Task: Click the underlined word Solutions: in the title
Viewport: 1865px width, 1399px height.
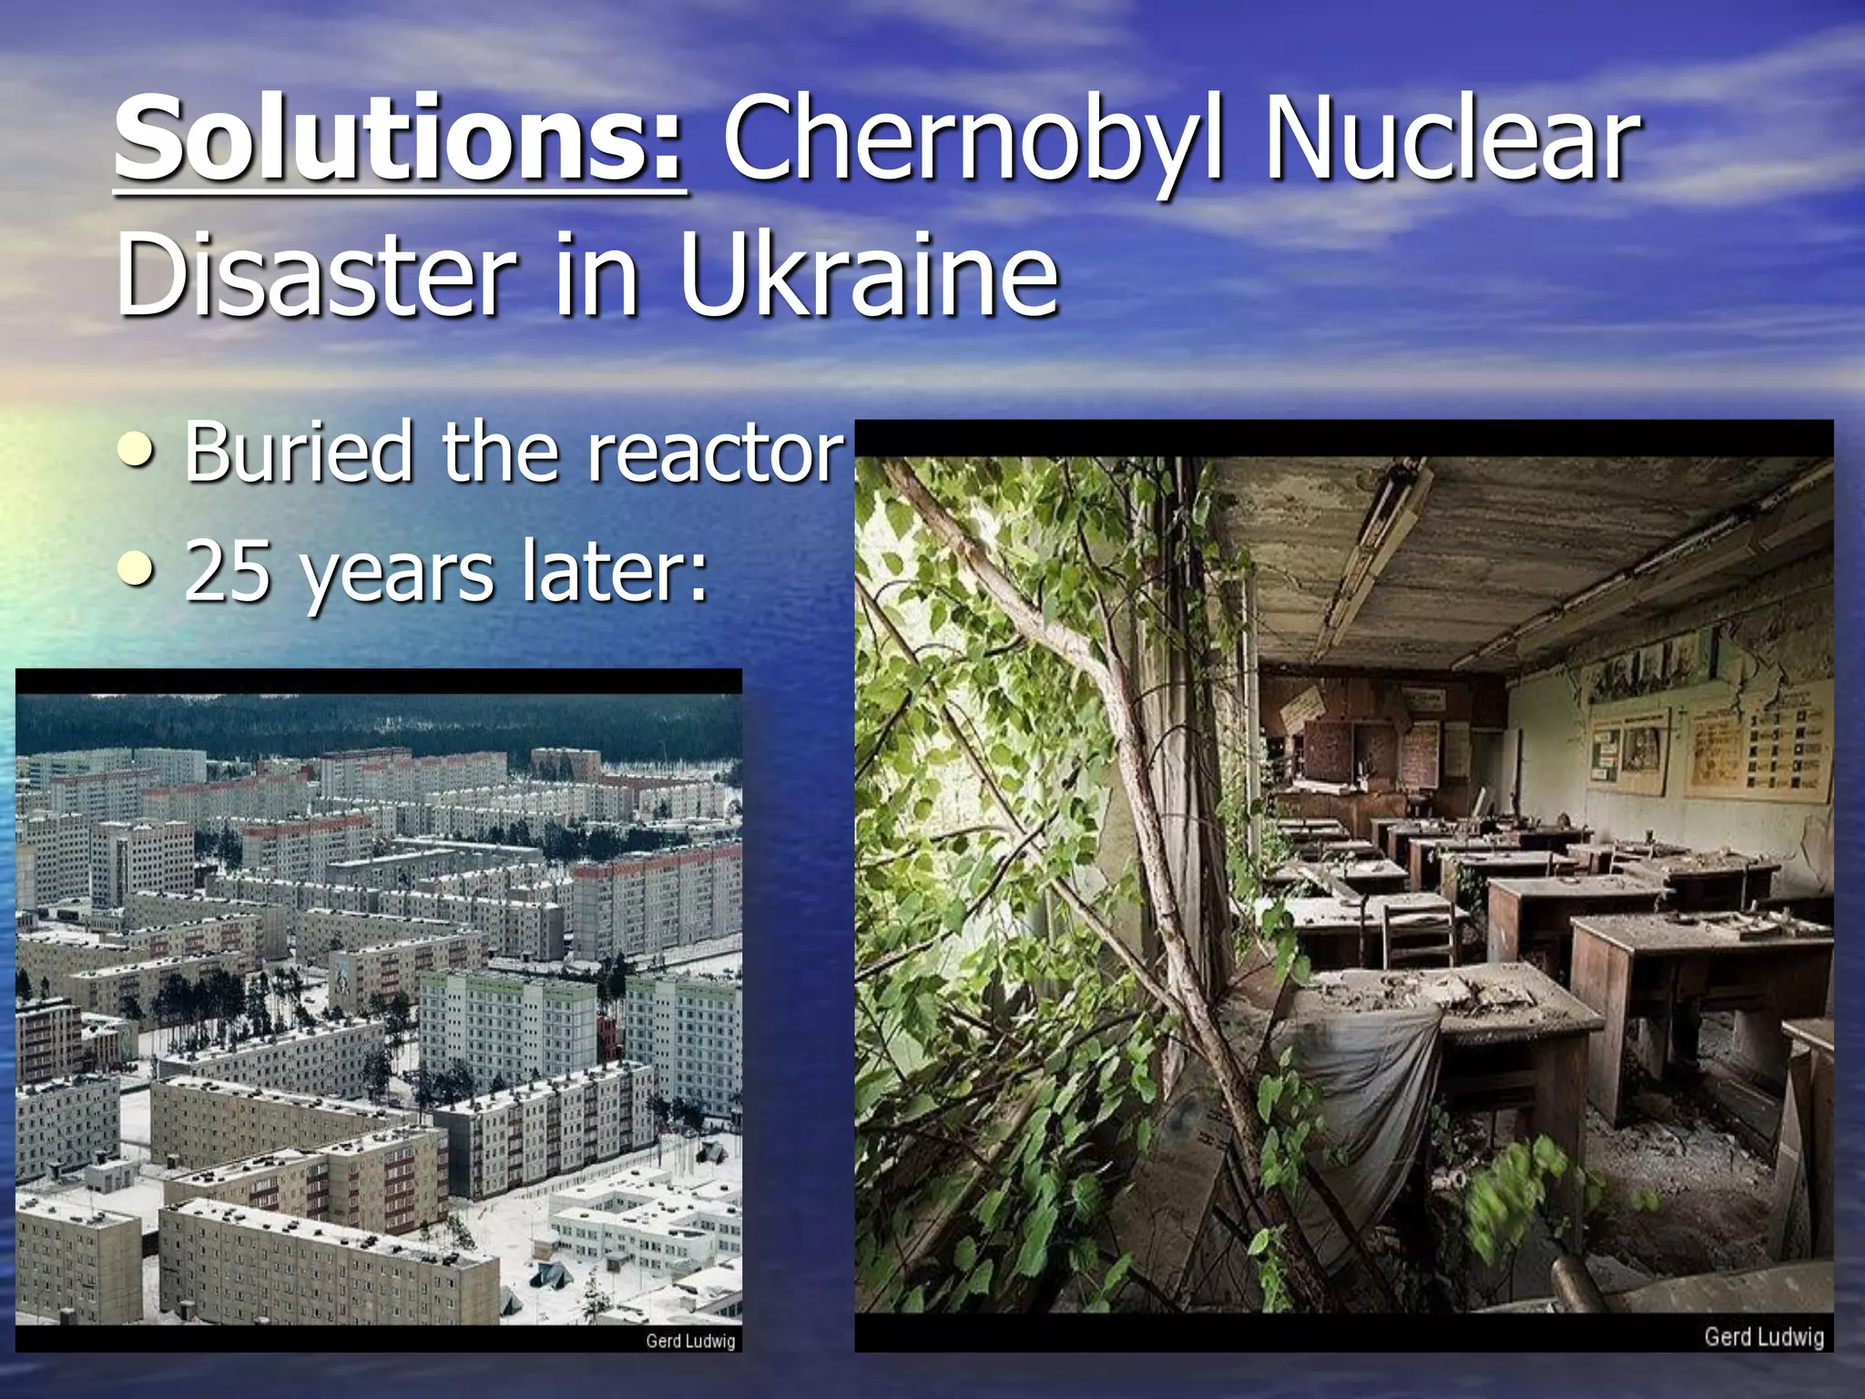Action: tap(399, 141)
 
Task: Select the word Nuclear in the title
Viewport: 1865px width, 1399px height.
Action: tap(1452, 141)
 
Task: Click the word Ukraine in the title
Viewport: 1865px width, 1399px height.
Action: tap(869, 273)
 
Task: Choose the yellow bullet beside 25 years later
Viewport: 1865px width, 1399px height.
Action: tap(137, 569)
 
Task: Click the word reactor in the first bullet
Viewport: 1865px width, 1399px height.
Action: tap(716, 453)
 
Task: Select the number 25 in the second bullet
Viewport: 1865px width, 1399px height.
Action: tap(228, 571)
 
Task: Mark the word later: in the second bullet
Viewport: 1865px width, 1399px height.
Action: tap(614, 571)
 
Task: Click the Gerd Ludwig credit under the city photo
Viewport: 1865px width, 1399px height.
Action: tap(689, 1341)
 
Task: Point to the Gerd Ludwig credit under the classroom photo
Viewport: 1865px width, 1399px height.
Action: tap(1763, 1336)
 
